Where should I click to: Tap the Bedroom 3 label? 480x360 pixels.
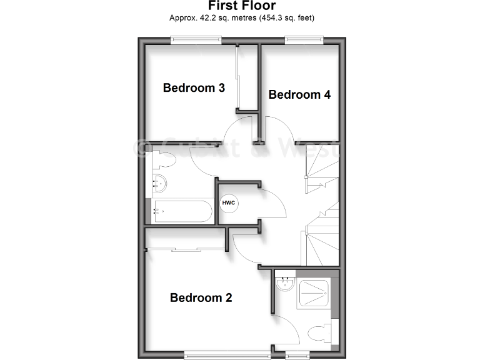(194, 88)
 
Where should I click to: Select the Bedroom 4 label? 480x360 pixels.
(299, 95)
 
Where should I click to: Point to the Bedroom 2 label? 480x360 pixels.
(201, 298)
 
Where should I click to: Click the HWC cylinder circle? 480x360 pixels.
(228, 204)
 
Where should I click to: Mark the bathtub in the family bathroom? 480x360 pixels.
(182, 212)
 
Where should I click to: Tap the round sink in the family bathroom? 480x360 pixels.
(161, 184)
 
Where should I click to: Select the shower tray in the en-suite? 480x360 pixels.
(316, 292)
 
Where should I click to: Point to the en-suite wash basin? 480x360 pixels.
(286, 284)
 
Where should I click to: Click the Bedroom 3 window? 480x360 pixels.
(196, 41)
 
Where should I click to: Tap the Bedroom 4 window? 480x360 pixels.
(304, 41)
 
